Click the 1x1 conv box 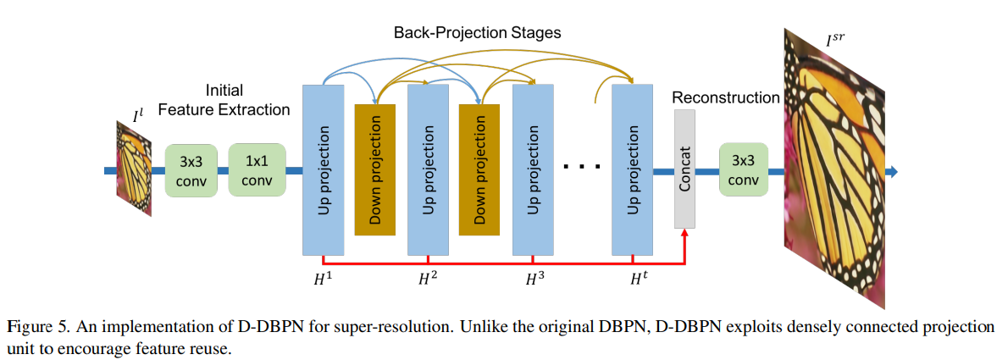258,171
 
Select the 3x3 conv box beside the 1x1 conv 193,171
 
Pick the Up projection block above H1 323,169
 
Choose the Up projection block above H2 428,169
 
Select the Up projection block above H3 533,169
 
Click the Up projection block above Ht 633,169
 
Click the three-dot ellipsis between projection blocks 582,166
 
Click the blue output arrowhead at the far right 891,172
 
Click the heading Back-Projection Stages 477,33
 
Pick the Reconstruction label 725,97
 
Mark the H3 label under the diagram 533,278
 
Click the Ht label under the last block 638,278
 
